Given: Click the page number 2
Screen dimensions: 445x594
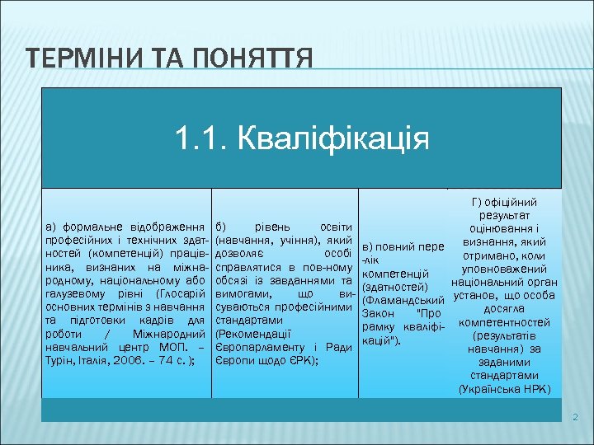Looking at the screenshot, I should (x=577, y=419).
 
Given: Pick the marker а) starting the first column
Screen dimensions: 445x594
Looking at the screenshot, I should (x=51, y=226).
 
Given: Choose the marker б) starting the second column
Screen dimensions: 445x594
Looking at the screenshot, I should (x=221, y=226).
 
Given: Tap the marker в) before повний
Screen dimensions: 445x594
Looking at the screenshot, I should (x=370, y=246).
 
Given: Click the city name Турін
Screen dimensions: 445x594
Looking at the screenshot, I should (x=60, y=360).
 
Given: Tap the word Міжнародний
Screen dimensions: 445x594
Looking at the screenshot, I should (x=169, y=333).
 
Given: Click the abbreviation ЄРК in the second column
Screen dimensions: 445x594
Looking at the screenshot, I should (x=299, y=360).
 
